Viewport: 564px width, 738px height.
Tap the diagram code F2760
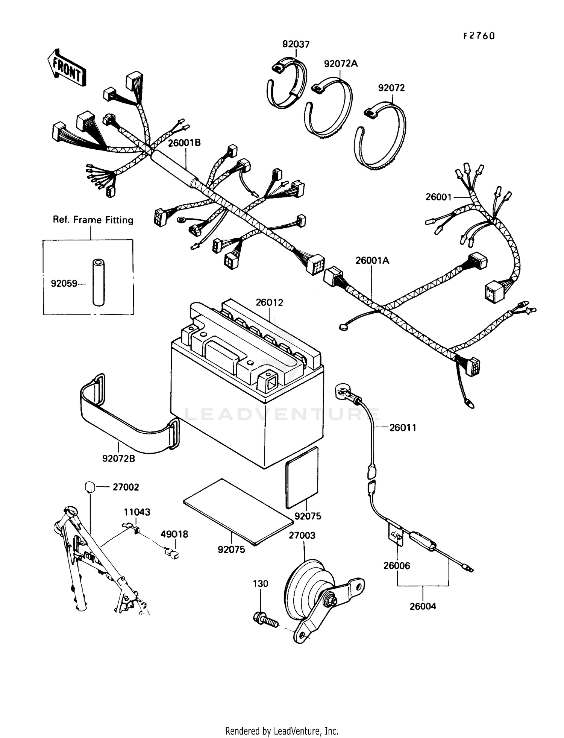pyautogui.click(x=479, y=36)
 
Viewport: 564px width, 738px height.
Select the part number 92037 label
pyautogui.click(x=296, y=44)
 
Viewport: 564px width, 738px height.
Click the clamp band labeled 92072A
pyautogui.click(x=328, y=109)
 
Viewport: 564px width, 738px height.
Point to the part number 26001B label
pyautogui.click(x=184, y=143)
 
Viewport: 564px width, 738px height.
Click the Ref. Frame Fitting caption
pyautogui.click(x=93, y=220)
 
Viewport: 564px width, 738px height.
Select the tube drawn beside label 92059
pyautogui.click(x=99, y=282)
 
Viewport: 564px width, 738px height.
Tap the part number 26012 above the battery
pyautogui.click(x=269, y=302)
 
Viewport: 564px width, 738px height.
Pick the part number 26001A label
pyautogui.click(x=372, y=260)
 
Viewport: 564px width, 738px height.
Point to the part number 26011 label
pyautogui.click(x=403, y=428)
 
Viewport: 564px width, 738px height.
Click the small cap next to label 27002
pyautogui.click(x=89, y=487)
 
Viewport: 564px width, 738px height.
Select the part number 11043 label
pyautogui.click(x=137, y=512)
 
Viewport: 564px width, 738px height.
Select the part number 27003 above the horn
pyautogui.click(x=302, y=535)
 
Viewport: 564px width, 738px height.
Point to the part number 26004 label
pyautogui.click(x=423, y=606)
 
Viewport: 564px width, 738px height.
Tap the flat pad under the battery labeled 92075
pyautogui.click(x=238, y=511)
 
